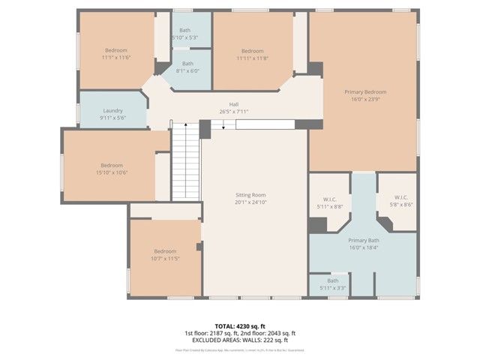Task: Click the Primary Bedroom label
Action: tap(364, 91)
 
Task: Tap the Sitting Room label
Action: tap(250, 194)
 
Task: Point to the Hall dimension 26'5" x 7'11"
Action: tap(233, 112)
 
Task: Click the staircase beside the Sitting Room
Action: tap(185, 161)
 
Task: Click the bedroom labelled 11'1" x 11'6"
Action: tap(116, 52)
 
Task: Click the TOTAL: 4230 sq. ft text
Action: tap(240, 326)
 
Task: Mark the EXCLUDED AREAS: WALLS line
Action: tap(240, 340)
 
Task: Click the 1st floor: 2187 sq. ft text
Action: tap(209, 333)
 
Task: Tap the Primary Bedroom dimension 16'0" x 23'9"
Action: tap(364, 98)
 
